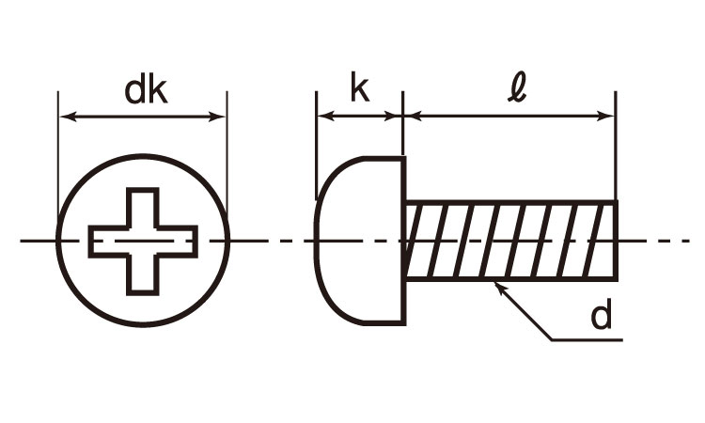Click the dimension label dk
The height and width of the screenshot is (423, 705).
146,91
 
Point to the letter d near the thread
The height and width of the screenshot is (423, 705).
602,316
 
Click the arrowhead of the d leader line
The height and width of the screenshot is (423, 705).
498,288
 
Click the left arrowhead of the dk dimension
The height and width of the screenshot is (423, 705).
68,117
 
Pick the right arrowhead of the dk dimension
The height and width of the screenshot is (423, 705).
218,117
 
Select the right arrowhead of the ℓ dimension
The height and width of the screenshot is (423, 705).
605,116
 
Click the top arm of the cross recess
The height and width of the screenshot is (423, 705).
143,207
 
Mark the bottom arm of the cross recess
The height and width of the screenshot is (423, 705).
143,275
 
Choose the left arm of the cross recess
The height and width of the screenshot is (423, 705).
109,242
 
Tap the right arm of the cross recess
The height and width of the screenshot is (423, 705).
177,242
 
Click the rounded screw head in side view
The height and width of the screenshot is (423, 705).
360,241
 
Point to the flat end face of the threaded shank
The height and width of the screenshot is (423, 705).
616,241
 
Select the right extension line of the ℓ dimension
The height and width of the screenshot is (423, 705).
616,146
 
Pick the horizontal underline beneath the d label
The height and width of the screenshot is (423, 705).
587,340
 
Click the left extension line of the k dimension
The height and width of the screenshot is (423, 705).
317,145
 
